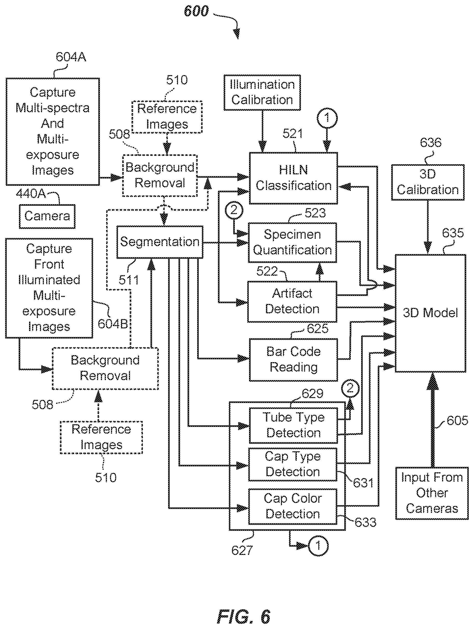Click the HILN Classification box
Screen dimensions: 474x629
coord(293,178)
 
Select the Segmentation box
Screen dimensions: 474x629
coord(160,242)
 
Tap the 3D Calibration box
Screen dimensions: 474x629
coord(428,182)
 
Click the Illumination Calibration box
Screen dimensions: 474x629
coord(262,92)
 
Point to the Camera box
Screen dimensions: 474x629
coord(47,216)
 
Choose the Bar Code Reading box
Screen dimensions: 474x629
coord(293,360)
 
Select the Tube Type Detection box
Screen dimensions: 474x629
coord(293,425)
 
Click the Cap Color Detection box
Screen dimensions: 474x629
coord(293,506)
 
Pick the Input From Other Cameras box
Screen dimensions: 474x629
coord(432,493)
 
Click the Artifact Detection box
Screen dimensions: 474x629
coord(292,302)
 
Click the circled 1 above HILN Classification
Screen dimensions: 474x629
coord(327,118)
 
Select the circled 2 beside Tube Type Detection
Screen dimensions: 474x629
coord(350,388)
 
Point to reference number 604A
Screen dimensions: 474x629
coord(71,57)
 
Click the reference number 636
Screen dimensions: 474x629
coord(431,142)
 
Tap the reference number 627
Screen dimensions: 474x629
coord(242,551)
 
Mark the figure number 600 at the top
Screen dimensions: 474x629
coord(196,11)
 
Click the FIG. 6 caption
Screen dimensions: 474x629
coord(244,617)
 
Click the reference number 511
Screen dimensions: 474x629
coord(129,280)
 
